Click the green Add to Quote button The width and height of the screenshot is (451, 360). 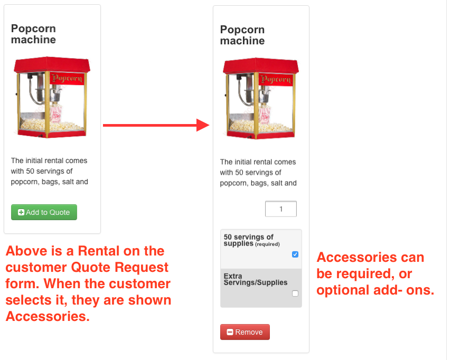44,212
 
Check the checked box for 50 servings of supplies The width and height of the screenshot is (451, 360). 295,254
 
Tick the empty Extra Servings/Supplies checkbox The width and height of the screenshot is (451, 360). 295,293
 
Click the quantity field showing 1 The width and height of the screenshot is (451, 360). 281,209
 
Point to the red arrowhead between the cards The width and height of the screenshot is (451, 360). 203,125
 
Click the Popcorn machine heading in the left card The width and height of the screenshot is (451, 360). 33,34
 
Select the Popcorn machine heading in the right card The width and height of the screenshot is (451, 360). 242,35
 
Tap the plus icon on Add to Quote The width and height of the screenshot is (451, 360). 21,212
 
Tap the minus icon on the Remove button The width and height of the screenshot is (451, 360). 230,332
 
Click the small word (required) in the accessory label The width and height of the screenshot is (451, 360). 268,244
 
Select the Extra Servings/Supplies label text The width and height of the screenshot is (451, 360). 256,279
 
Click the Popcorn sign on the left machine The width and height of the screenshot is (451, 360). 67,78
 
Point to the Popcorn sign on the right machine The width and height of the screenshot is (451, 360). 276,79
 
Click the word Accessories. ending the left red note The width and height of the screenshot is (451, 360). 48,316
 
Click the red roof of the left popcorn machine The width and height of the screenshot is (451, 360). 52,64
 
